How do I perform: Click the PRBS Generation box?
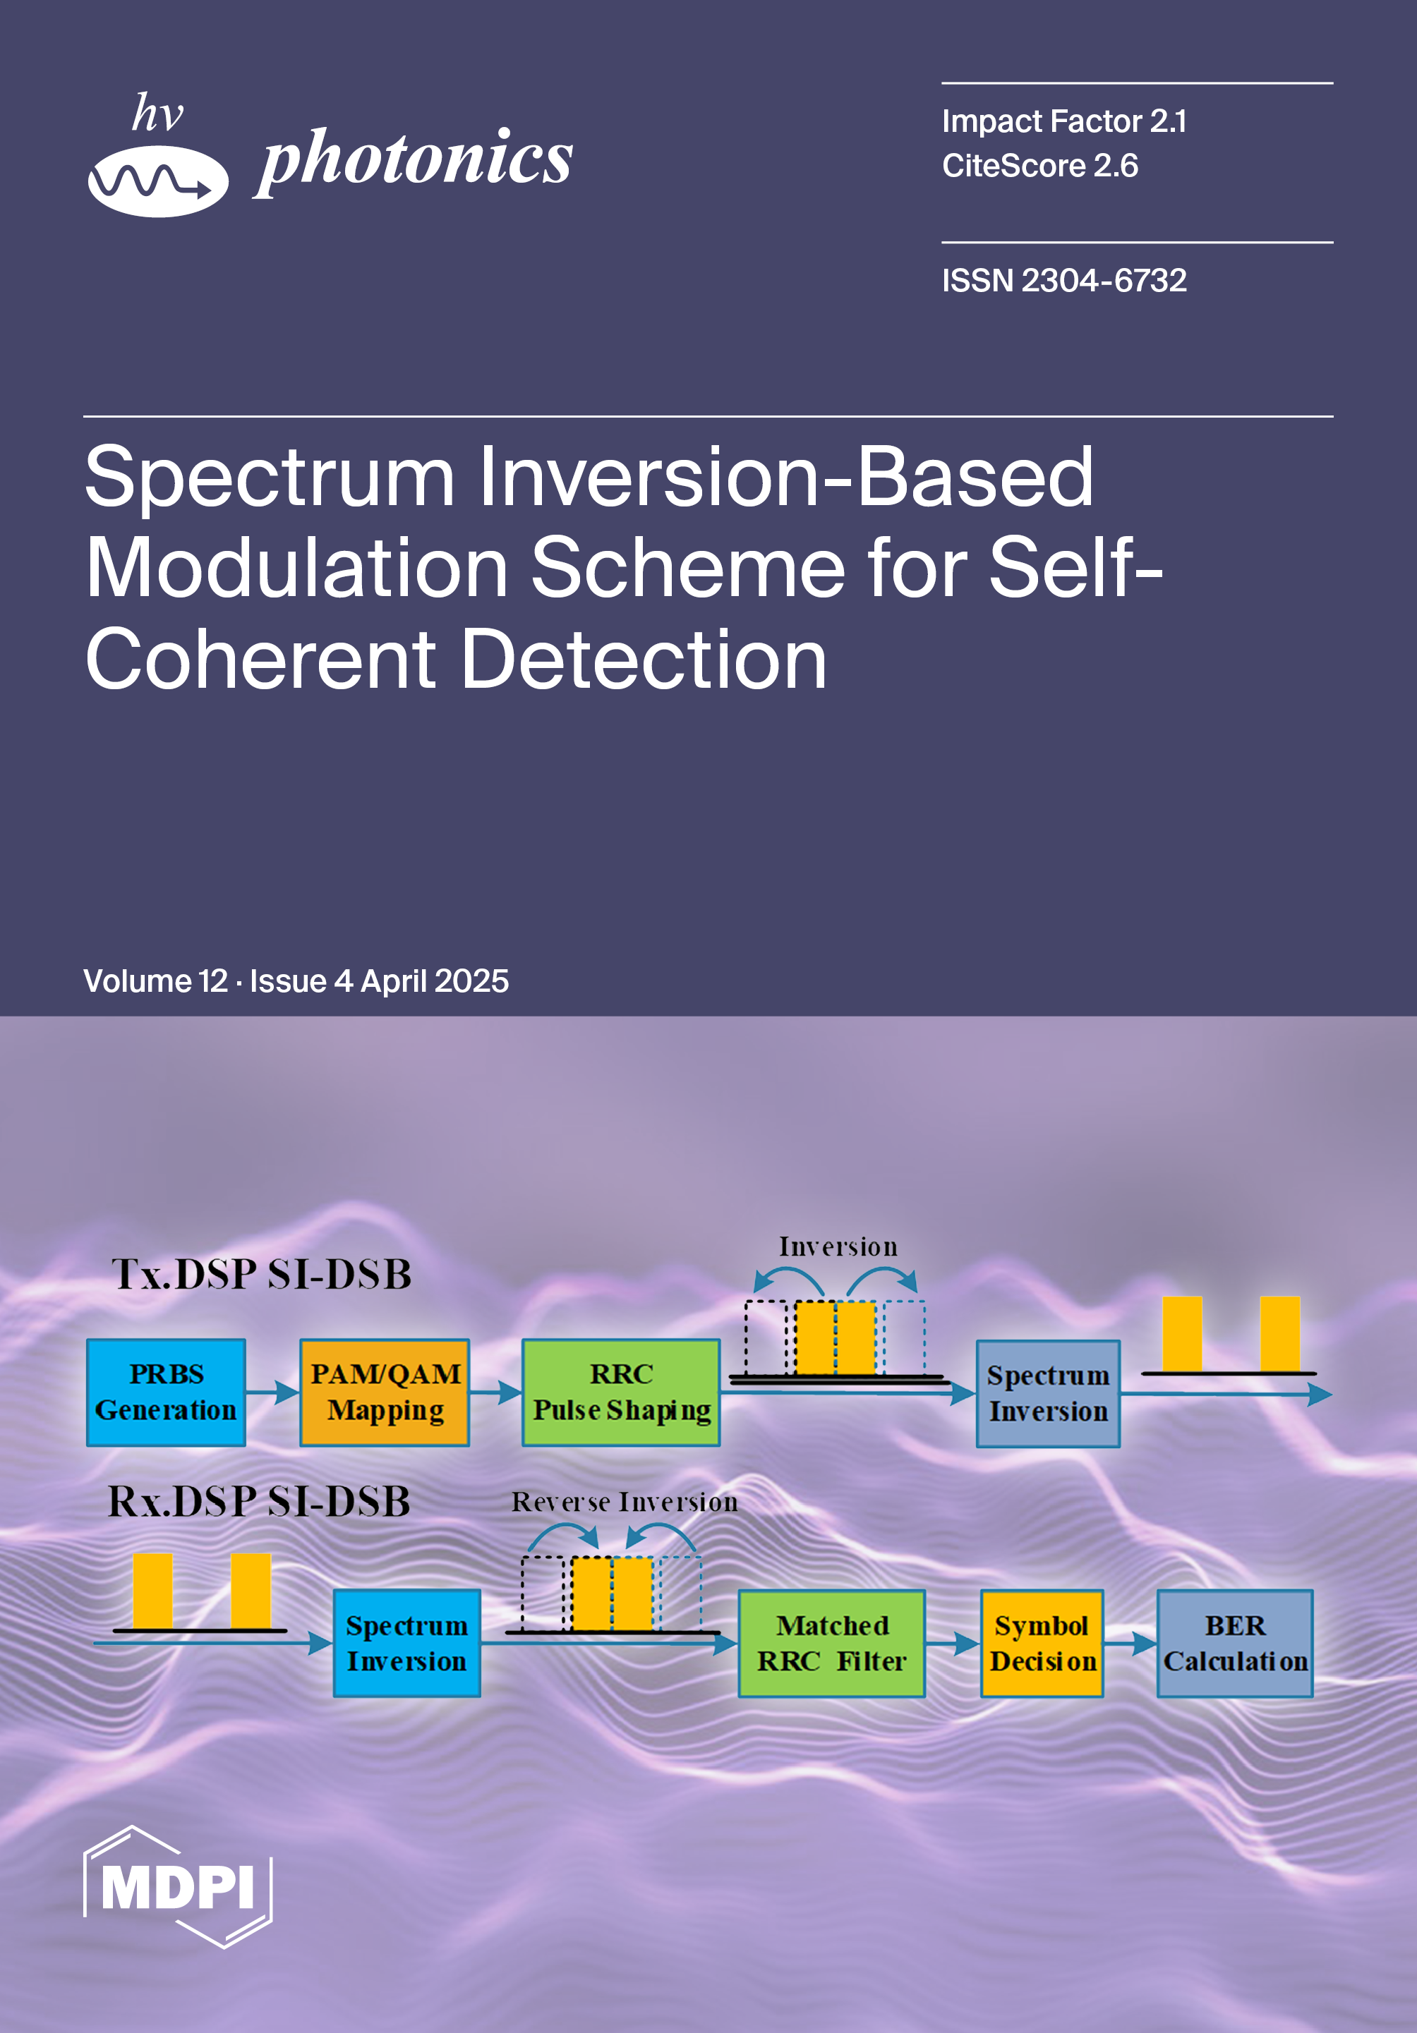[x=166, y=1392]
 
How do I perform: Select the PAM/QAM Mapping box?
[x=385, y=1392]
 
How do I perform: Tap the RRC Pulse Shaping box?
[x=621, y=1392]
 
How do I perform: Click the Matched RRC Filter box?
[x=831, y=1644]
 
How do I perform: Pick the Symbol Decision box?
[x=1042, y=1644]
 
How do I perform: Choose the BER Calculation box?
[x=1234, y=1644]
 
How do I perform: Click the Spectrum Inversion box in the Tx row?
[x=1048, y=1394]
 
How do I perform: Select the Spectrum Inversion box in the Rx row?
[x=406, y=1644]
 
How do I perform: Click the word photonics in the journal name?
[x=414, y=159]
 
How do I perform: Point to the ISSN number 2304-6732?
[x=1104, y=281]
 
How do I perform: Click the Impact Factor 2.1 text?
[x=1063, y=121]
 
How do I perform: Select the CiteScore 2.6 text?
[x=1039, y=166]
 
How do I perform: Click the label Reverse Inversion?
[x=625, y=1502]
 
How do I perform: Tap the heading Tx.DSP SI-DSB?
[x=262, y=1274]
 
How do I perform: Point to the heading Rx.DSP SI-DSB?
[x=258, y=1502]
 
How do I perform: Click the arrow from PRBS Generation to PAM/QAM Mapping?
[x=272, y=1392]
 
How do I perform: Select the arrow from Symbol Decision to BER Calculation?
[x=1130, y=1644]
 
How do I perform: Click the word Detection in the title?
[x=644, y=660]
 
